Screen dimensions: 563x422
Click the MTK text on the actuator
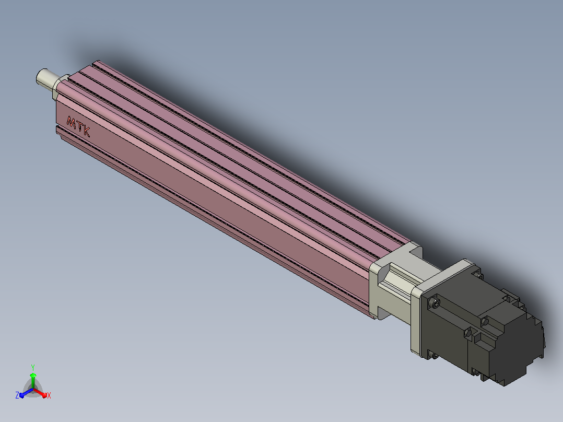click(x=78, y=126)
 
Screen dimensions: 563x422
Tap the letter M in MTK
click(x=71, y=122)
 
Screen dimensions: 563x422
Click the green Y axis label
click(x=33, y=367)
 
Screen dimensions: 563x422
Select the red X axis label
click(x=49, y=395)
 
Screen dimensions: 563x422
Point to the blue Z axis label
click(x=17, y=395)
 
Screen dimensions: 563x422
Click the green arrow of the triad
click(x=33, y=380)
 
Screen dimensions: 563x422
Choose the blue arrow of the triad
click(x=26, y=393)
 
